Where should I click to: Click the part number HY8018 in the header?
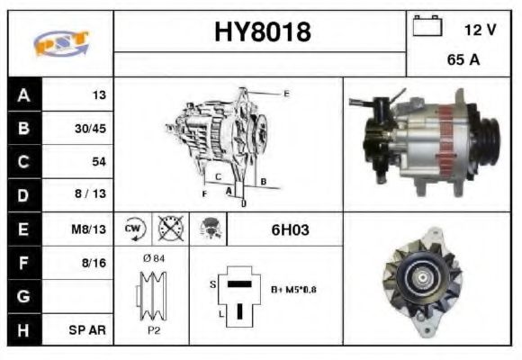point(262,32)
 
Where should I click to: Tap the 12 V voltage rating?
point(480,30)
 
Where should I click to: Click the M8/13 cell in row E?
point(90,229)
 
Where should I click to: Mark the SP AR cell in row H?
point(90,329)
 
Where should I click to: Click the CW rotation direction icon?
point(134,229)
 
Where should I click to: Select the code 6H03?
point(290,229)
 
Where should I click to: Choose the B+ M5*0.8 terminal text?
point(293,290)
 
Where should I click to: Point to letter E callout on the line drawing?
point(286,94)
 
